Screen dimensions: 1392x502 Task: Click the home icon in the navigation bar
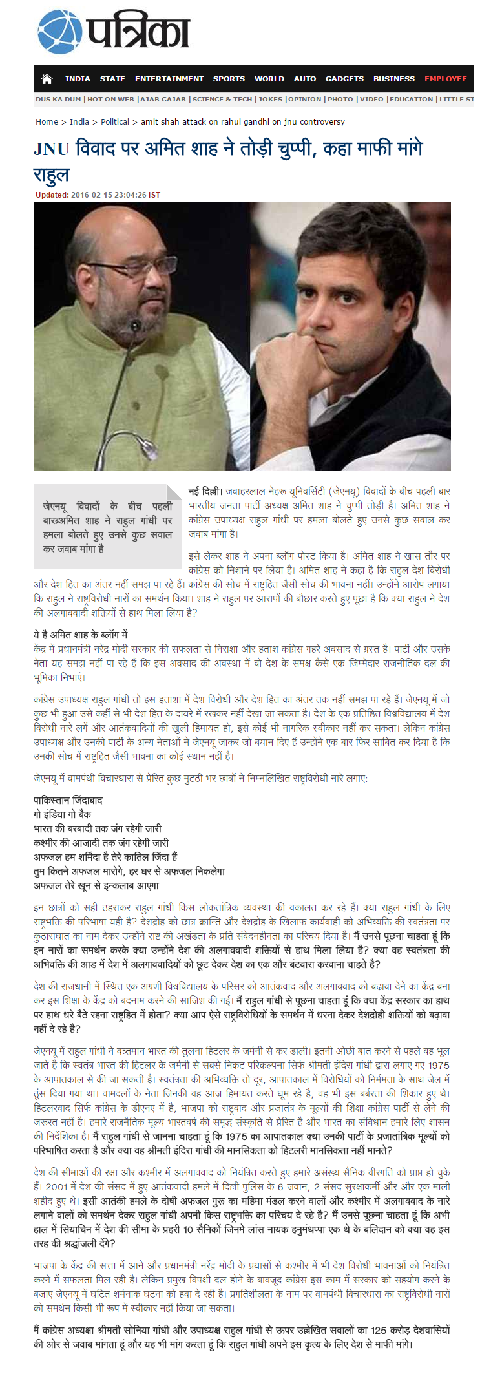[47, 79]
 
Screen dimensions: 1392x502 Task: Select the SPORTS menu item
[229, 79]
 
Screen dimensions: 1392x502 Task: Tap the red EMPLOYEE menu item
[445, 79]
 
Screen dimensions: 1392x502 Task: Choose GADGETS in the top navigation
[344, 79]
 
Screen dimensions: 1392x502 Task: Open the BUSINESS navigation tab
[393, 79]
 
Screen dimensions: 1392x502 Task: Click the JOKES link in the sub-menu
[270, 100]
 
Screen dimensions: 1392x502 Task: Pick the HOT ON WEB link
[110, 100]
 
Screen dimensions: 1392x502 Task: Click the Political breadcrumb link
[115, 121]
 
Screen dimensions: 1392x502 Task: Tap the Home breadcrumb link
[47, 121]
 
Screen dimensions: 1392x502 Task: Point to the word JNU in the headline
[51, 149]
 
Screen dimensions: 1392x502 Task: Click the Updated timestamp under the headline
[98, 195]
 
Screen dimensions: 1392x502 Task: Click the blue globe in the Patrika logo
[59, 32]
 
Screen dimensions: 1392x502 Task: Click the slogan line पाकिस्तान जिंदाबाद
[68, 800]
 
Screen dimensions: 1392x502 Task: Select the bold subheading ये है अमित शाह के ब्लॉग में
[80, 634]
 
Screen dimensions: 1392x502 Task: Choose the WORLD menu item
[269, 79]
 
